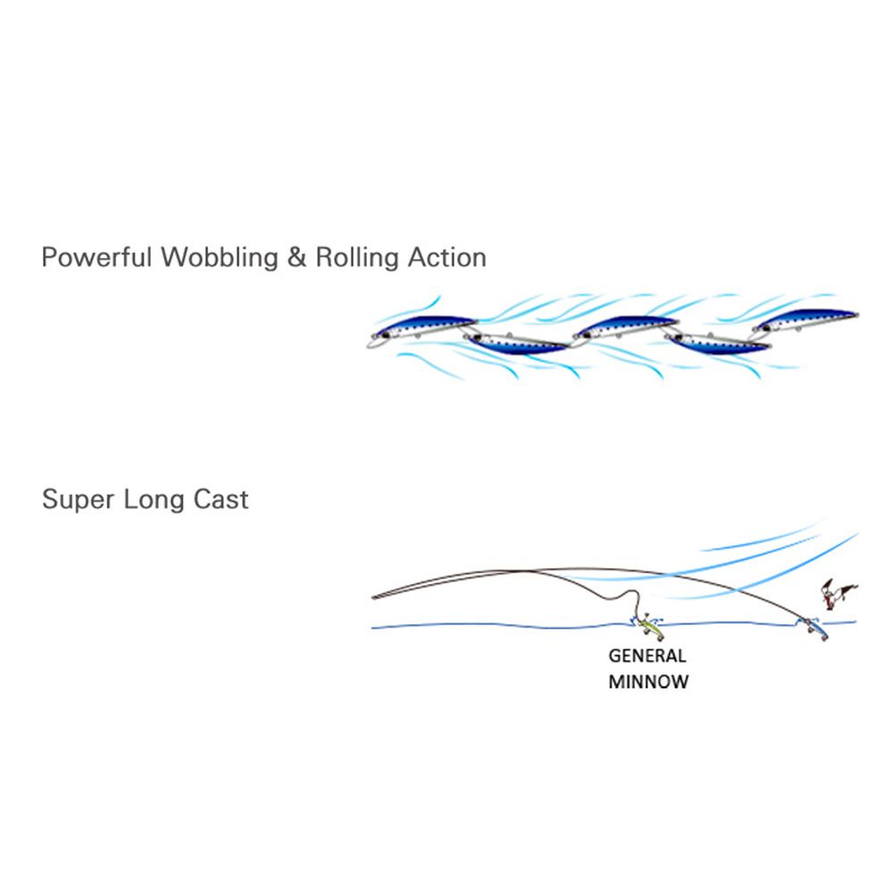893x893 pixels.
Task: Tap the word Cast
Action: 221,499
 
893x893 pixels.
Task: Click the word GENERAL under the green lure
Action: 647,655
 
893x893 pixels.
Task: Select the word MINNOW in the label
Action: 648,683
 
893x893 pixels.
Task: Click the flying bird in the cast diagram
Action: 837,594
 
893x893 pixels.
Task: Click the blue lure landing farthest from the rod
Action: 814,627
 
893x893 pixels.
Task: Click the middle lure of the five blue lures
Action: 625,328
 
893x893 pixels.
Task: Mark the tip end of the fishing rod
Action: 373,597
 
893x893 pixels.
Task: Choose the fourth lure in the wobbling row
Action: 719,342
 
